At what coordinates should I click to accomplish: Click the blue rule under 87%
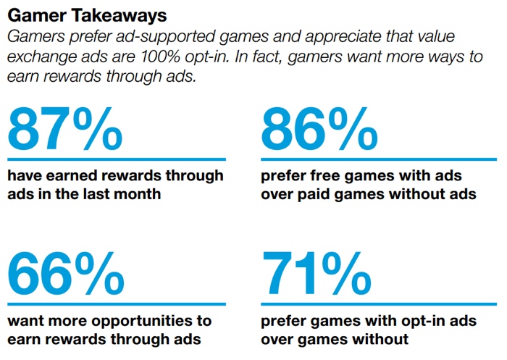pos(116,159)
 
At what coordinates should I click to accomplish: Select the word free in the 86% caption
pos(316,176)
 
